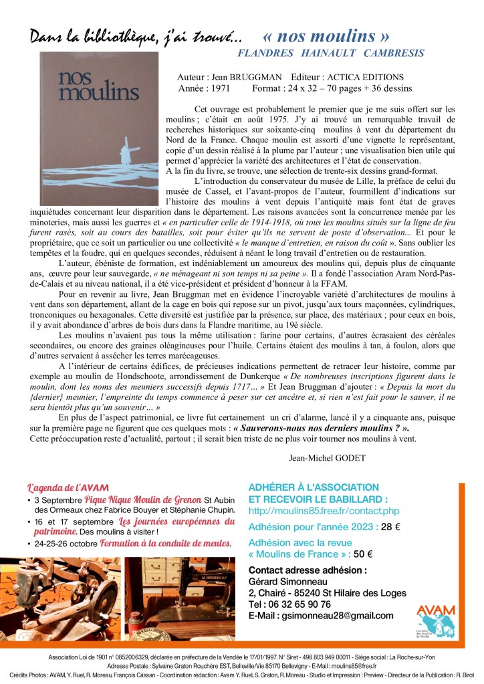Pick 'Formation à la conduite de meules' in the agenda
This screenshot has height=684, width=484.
point(165,544)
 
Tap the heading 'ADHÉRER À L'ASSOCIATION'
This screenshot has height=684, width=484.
point(313,487)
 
